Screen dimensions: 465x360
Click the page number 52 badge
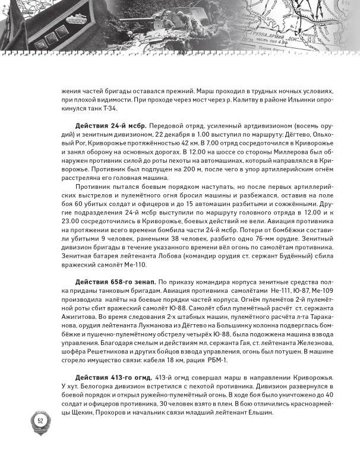40,420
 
